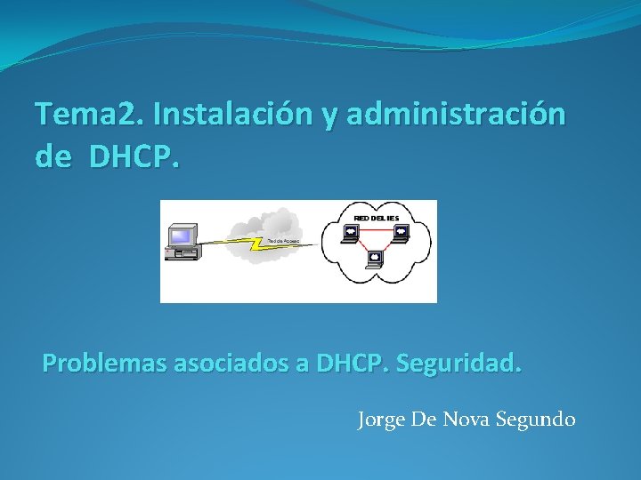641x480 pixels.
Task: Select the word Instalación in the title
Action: click(231, 114)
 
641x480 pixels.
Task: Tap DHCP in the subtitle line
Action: click(350, 364)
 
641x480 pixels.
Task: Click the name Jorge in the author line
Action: click(382, 419)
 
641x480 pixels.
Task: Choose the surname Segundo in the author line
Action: click(535, 419)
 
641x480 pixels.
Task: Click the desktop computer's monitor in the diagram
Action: click(182, 236)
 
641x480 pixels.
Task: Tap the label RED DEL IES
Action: click(376, 217)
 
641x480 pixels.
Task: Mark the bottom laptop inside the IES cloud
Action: click(375, 259)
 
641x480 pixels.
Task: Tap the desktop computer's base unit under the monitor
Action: click(182, 252)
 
